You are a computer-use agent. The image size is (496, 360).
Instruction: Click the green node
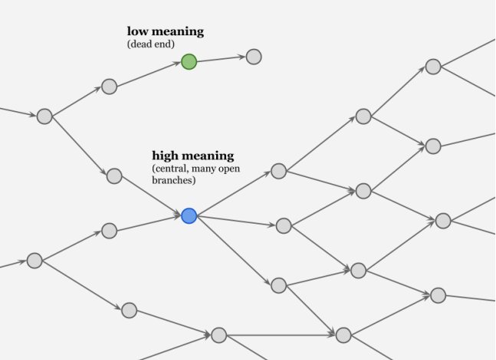tap(189, 62)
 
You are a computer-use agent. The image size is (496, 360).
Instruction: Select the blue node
tap(189, 216)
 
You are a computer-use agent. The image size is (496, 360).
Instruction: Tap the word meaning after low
tap(177, 31)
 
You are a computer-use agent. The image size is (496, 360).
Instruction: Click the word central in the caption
tap(172, 169)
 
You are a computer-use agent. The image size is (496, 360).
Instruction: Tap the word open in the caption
tap(238, 169)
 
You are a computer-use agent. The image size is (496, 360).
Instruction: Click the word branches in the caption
tap(174, 181)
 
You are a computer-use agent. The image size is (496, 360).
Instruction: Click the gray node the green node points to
tap(254, 57)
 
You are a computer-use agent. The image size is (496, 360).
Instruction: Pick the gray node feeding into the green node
tap(109, 87)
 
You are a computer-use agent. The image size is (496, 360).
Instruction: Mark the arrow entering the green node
tap(149, 74)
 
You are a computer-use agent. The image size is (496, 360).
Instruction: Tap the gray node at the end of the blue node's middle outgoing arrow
tap(284, 225)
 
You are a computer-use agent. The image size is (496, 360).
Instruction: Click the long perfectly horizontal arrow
tap(281, 335)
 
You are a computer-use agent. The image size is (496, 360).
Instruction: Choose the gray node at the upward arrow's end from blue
tap(278, 171)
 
